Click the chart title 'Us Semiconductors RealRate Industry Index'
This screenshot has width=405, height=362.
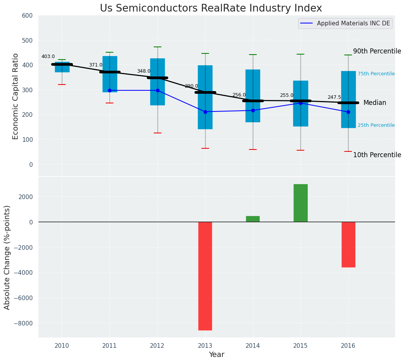click(211, 8)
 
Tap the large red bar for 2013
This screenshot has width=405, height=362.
click(205, 276)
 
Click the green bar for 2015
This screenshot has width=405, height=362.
click(300, 203)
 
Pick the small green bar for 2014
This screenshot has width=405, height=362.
click(253, 219)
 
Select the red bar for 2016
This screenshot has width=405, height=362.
click(348, 244)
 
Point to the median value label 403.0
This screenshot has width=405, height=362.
click(48, 56)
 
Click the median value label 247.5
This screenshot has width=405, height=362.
click(334, 98)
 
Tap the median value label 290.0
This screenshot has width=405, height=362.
click(191, 86)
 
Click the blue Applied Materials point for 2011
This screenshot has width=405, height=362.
click(110, 90)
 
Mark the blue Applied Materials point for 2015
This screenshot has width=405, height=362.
click(300, 103)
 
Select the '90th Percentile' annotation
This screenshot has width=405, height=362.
click(377, 51)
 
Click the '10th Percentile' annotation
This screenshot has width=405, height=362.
click(377, 155)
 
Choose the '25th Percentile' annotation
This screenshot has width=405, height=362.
click(376, 125)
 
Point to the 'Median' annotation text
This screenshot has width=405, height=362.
click(375, 103)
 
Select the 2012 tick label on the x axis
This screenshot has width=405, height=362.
click(157, 346)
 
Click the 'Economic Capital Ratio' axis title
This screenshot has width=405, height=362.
click(16, 96)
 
